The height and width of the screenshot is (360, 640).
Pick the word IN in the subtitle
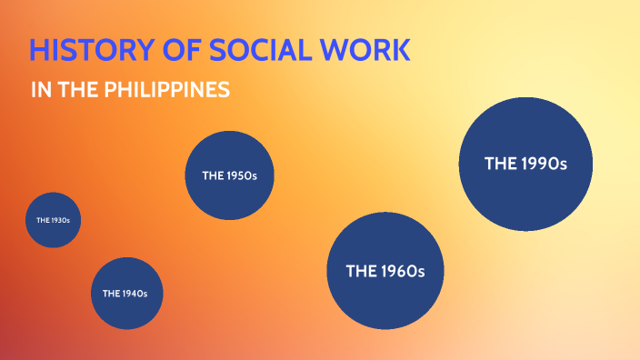click(x=39, y=91)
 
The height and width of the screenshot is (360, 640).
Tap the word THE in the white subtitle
click(x=74, y=91)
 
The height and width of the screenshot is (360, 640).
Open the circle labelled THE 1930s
click(x=53, y=220)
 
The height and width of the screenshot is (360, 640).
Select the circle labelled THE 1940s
click(x=126, y=293)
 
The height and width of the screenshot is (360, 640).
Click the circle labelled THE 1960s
click(x=385, y=271)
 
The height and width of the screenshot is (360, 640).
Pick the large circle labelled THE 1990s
click(x=525, y=164)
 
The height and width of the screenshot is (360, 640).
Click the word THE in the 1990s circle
click(x=501, y=164)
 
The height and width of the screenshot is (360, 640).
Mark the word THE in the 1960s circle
click(x=360, y=271)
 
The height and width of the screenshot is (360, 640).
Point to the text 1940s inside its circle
click(x=138, y=293)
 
